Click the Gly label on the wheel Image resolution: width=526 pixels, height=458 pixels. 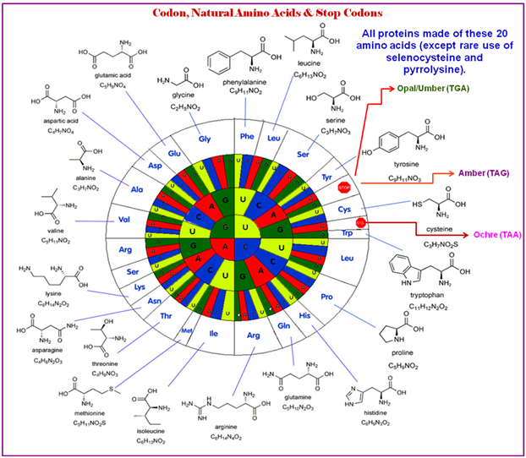(205, 139)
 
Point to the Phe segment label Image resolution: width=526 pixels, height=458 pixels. (246, 135)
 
